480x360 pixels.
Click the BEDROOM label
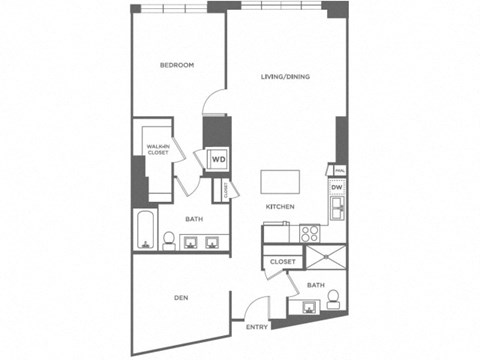click(177, 66)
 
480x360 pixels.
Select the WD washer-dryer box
click(217, 159)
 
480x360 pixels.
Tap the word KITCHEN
click(279, 207)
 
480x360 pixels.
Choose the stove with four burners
click(309, 234)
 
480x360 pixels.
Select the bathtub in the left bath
click(144, 231)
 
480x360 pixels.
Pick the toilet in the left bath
click(169, 240)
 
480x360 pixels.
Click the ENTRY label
click(256, 326)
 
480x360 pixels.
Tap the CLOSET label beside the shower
click(281, 262)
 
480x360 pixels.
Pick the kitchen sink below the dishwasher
click(337, 209)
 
